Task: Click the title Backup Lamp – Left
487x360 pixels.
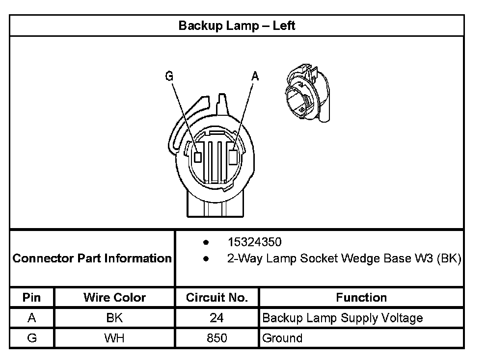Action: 237,26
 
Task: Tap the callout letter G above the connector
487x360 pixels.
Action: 169,76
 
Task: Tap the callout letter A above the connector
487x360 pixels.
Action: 255,76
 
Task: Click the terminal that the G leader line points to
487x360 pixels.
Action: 198,157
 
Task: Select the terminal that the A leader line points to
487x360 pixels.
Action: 234,156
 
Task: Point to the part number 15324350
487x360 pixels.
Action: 254,242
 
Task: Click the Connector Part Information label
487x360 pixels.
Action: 92,258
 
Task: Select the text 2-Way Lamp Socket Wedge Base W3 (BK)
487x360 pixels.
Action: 344,258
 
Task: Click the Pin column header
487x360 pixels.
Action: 32,297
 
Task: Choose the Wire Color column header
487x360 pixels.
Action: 114,297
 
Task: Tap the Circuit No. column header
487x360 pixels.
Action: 216,297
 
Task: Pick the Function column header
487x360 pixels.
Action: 361,297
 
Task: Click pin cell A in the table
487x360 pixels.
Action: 32,318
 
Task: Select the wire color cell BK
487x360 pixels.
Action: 114,318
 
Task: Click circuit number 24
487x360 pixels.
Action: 216,318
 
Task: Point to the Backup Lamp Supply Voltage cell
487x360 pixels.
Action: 342,318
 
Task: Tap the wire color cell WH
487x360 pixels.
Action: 114,338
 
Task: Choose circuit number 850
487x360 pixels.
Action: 216,338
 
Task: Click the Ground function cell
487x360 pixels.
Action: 282,338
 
